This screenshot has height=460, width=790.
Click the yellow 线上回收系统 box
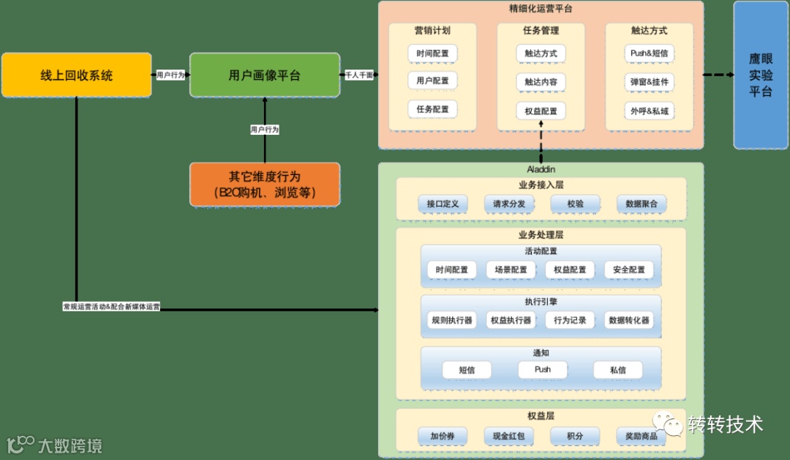76,75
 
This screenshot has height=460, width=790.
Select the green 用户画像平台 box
265,75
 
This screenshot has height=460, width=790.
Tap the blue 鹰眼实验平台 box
761,75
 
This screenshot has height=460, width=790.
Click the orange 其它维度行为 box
265,185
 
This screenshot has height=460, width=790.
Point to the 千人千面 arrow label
359,75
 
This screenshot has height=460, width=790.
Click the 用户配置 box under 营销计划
432,81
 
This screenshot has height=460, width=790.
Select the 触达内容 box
541,82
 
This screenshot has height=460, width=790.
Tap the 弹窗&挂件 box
649,82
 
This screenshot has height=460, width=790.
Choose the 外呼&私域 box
649,111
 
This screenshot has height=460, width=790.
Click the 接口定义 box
442,204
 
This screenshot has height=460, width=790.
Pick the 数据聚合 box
641,204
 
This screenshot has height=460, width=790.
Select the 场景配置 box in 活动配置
511,270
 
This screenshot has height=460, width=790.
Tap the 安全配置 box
629,270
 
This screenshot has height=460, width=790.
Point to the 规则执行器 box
451,320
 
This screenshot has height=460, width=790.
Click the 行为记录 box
570,320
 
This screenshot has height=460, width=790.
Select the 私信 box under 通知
618,370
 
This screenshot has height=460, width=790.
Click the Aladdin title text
541,168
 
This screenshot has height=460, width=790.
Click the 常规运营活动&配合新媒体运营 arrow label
111,307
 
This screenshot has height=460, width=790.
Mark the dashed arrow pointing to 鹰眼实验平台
718,75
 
